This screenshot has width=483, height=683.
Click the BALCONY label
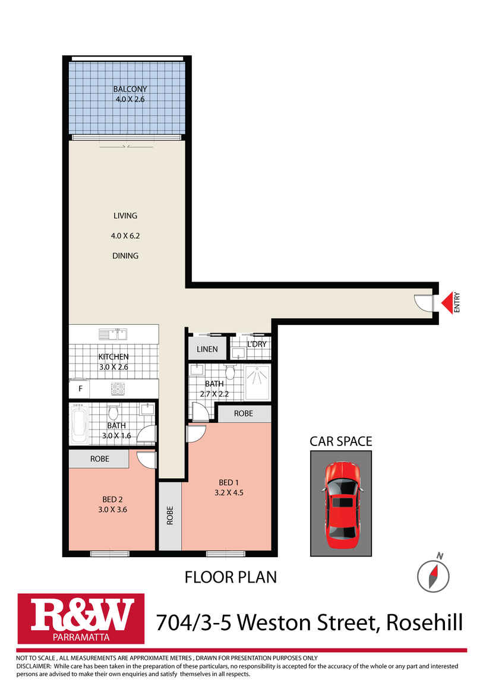pos(130,90)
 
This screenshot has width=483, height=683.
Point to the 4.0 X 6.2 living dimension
pos(125,236)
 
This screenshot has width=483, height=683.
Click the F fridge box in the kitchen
pos(80,390)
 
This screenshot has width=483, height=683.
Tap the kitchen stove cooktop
pos(117,390)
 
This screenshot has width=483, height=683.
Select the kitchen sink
pos(113,334)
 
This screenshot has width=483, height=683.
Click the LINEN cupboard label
pos(207,349)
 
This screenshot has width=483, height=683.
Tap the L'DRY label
pos(256,344)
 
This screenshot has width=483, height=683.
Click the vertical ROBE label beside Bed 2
pos(169,515)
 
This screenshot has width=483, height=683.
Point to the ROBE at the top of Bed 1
pos(243,413)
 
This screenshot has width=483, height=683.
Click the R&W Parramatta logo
pos(81,618)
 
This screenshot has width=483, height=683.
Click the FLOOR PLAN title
pos(231,577)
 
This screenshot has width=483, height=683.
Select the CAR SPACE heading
pos(340,441)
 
